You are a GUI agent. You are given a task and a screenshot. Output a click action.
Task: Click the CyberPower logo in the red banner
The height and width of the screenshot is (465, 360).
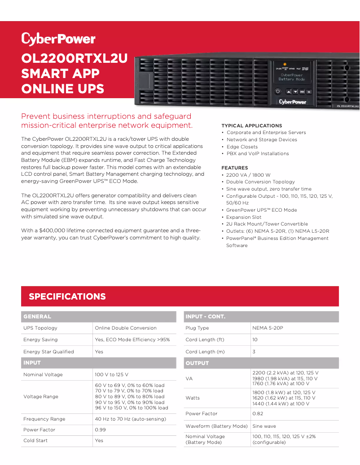(x=58, y=39)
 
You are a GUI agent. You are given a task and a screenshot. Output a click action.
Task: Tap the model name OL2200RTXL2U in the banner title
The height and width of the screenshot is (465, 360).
(x=75, y=59)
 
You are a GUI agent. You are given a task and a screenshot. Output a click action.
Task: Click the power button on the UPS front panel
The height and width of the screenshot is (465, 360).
(x=278, y=91)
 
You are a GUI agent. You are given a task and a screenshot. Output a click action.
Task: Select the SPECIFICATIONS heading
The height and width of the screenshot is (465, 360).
(x=67, y=296)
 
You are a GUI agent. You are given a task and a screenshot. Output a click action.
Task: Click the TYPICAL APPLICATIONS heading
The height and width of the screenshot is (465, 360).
(x=251, y=126)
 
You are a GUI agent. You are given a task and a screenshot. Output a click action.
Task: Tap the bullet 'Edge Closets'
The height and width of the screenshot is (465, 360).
(x=242, y=147)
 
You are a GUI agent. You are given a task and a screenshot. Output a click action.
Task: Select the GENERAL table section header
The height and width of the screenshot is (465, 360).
(x=37, y=317)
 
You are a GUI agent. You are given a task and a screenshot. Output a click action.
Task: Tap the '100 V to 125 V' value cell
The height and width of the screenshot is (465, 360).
(x=111, y=374)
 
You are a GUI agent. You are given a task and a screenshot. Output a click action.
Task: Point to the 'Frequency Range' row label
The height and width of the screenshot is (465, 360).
(x=44, y=419)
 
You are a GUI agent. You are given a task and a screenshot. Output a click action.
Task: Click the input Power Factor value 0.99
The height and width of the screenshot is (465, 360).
(x=100, y=430)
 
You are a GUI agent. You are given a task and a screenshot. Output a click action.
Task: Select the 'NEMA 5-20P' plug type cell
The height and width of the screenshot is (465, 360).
(x=268, y=328)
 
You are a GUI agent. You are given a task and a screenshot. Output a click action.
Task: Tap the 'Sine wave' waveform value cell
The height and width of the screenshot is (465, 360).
(x=264, y=426)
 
